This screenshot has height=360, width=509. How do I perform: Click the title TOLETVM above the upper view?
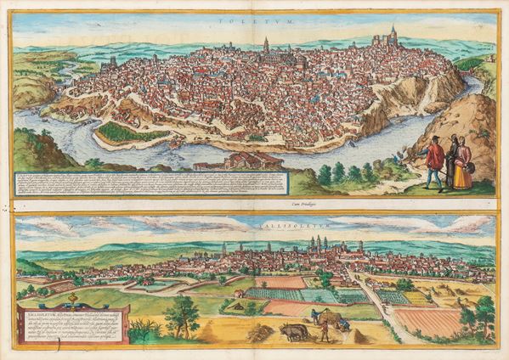click(x=254, y=19)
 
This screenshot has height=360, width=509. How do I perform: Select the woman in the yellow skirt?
click(x=463, y=167)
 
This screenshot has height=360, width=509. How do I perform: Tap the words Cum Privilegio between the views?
click(x=255, y=205)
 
